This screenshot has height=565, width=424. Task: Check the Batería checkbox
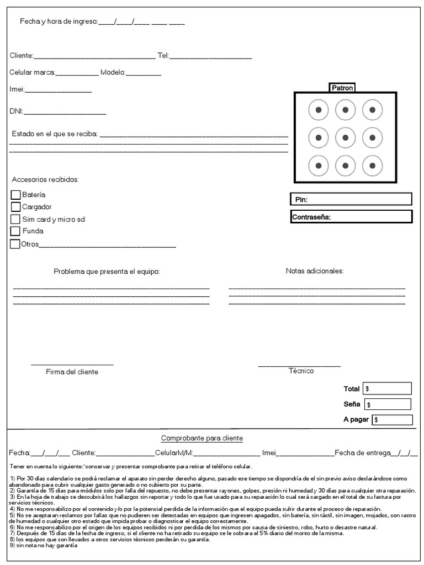[15, 194]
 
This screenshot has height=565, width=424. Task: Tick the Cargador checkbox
[15, 206]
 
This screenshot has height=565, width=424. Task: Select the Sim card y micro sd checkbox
[15, 219]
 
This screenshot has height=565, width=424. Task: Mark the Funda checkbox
[15, 231]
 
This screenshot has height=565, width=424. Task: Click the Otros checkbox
[15, 244]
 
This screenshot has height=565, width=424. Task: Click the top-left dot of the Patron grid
[319, 110]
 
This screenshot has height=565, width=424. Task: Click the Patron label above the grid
[342, 88]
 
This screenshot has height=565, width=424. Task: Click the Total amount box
[387, 388]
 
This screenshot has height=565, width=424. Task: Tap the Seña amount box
[388, 404]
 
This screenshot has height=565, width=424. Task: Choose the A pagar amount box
[392, 420]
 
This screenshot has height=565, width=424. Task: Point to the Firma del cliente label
[72, 372]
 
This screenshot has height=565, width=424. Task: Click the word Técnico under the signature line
[301, 371]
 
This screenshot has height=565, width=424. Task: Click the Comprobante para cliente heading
[202, 438]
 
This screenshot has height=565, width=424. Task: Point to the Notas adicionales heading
[315, 271]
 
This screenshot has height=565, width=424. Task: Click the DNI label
[16, 111]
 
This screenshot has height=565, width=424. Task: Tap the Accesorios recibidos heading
[45, 180]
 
